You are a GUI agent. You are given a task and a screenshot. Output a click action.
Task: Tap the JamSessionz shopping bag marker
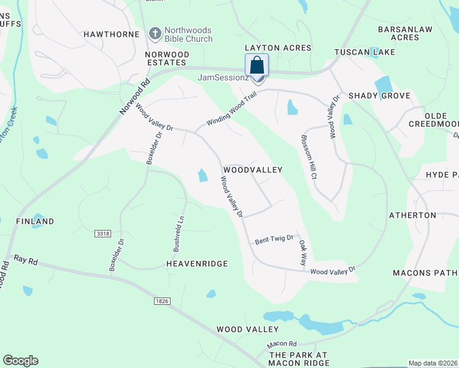click(x=257, y=66)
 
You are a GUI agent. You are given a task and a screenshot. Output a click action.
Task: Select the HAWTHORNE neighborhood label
click(x=112, y=34)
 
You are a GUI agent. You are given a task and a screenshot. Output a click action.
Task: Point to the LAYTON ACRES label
click(x=278, y=48)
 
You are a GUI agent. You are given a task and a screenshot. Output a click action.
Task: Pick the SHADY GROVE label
click(x=374, y=96)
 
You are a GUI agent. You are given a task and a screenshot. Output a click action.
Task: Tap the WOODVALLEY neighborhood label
click(x=252, y=169)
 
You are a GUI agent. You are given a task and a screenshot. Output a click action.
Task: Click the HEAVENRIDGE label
click(x=197, y=264)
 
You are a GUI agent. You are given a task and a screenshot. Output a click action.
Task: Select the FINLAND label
click(x=35, y=221)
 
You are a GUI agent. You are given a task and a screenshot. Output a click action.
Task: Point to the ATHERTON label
click(x=413, y=215)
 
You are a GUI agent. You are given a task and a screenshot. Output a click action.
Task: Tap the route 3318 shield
click(x=103, y=234)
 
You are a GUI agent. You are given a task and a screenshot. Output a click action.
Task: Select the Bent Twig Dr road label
click(x=275, y=239)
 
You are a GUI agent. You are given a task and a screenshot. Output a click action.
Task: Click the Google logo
click(x=20, y=361)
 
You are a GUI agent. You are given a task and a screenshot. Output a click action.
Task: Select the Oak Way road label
click(x=303, y=252)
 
